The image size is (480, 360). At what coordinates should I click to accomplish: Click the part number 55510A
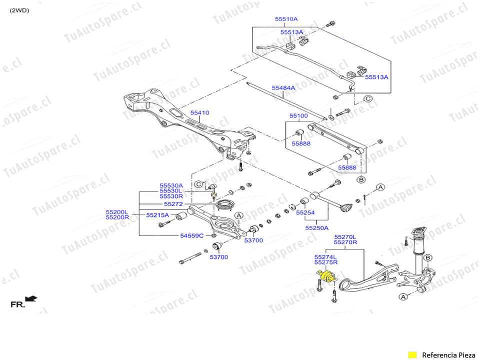(286, 19)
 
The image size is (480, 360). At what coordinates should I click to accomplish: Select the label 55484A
(283, 88)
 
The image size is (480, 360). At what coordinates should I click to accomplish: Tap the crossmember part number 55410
(199, 113)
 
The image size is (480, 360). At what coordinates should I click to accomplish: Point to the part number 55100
(298, 116)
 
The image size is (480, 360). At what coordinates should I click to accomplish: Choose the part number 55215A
(157, 215)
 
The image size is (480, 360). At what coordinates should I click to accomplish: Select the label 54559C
(191, 235)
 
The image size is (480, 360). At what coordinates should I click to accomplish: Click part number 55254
(305, 212)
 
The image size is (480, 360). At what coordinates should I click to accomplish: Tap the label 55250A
(317, 227)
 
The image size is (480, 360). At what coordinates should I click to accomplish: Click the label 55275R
(326, 262)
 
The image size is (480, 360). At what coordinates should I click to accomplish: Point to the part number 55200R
(117, 217)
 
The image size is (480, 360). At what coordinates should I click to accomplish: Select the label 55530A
(171, 185)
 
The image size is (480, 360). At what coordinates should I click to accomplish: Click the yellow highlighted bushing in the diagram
(326, 276)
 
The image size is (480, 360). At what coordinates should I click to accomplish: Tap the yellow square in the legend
(412, 355)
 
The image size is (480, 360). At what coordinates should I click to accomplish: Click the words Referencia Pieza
(449, 355)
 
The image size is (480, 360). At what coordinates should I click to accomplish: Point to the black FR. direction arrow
(31, 299)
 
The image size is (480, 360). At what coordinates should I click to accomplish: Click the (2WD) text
(19, 10)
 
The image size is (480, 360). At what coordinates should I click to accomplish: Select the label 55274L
(326, 256)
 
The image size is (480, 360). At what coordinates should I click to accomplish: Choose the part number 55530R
(171, 196)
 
